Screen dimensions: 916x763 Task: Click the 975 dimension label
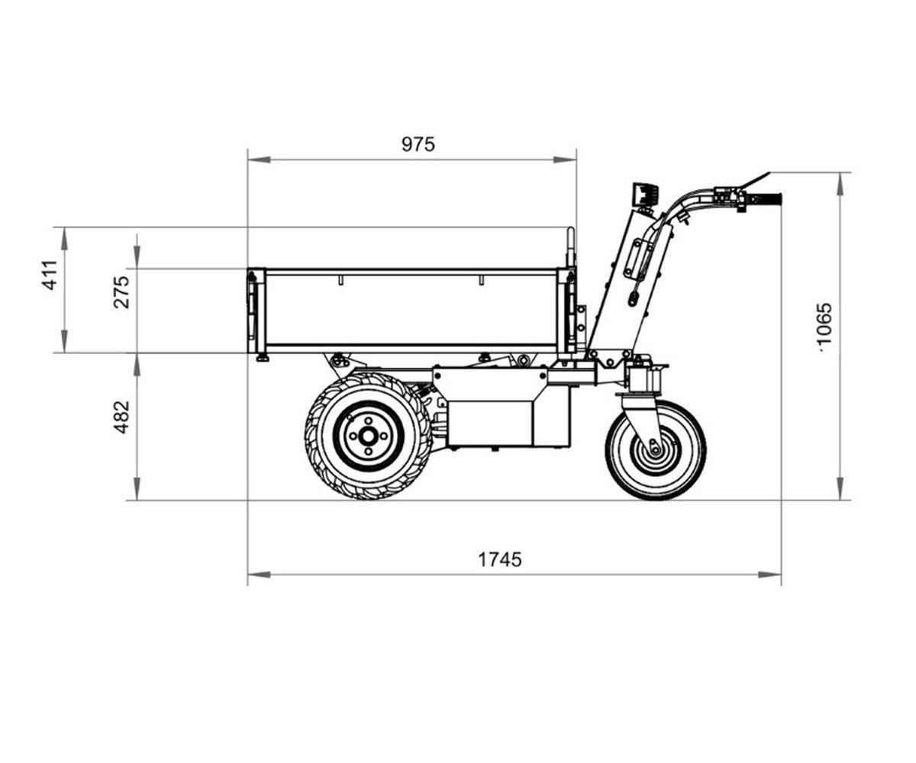click(418, 145)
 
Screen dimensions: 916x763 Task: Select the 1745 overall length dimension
click(500, 559)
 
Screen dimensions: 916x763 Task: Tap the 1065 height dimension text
click(824, 327)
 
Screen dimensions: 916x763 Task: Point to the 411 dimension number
click(50, 275)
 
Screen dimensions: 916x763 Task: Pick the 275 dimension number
click(121, 292)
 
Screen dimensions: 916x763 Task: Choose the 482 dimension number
click(121, 417)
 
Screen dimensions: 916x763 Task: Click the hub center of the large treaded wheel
click(368, 436)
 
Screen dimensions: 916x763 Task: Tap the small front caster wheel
click(656, 450)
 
